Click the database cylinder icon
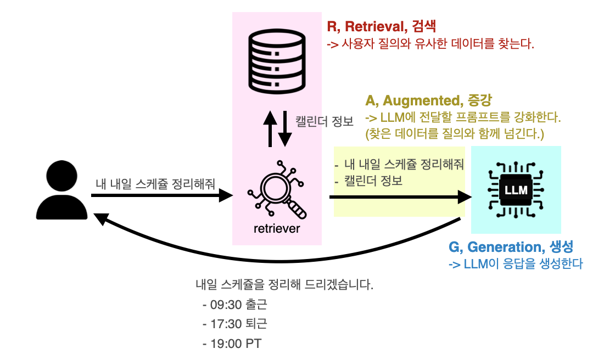click(x=277, y=61)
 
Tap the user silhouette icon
click(x=62, y=190)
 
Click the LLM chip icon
click(x=516, y=190)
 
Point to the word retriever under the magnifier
click(x=277, y=228)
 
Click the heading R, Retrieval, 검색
click(x=384, y=26)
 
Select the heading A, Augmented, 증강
click(x=429, y=100)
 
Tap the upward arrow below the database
click(x=270, y=128)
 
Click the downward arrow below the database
click(x=284, y=130)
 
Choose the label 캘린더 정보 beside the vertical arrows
click(x=325, y=121)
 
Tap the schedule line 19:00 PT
click(x=232, y=344)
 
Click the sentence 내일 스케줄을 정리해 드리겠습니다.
click(x=284, y=285)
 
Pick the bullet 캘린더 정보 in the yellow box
click(x=372, y=181)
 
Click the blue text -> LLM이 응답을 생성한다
click(x=515, y=264)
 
